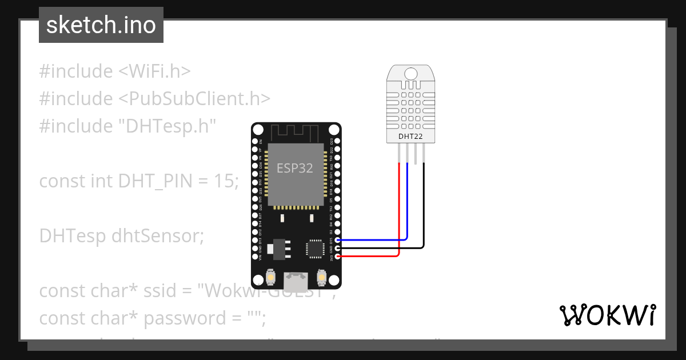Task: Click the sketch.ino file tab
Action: (x=101, y=25)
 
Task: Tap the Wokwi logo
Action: (x=607, y=315)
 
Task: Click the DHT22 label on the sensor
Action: (x=410, y=136)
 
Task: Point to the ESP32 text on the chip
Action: (x=295, y=168)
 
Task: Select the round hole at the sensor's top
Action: (x=410, y=73)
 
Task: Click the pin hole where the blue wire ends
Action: (x=338, y=240)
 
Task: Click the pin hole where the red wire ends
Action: (x=338, y=257)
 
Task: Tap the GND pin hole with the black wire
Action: (x=338, y=248)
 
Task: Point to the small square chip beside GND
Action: (x=314, y=248)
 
